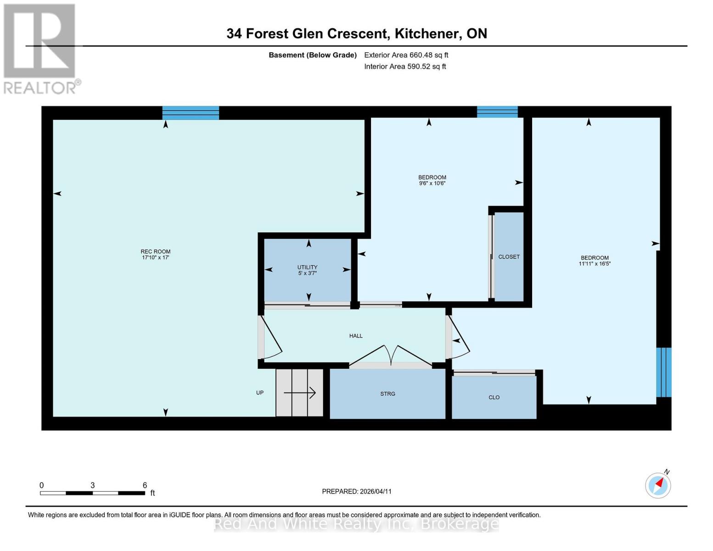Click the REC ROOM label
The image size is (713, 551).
155,251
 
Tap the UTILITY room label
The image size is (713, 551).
307,267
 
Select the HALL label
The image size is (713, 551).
356,336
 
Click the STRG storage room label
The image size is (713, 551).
387,394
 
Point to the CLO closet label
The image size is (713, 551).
494,397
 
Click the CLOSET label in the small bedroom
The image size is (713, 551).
509,257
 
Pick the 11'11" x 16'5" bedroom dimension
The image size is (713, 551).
595,264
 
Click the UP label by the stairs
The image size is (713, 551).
260,393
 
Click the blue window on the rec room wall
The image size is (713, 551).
191,112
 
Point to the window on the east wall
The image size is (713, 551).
663,372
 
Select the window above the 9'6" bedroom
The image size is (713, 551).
497,112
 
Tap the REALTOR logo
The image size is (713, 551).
40,48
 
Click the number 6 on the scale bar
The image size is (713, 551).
145,485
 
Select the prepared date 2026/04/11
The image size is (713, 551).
357,491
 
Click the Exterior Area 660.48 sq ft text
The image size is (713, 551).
406,55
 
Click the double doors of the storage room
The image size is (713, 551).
390,356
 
